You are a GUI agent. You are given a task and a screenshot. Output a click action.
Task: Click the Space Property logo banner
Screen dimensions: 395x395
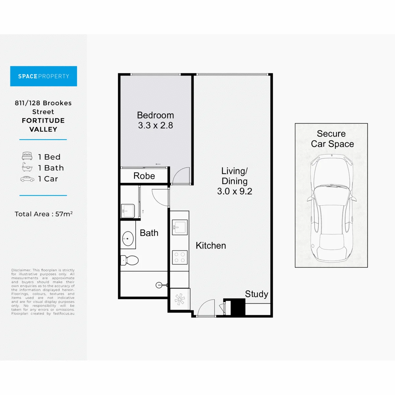point(43,76)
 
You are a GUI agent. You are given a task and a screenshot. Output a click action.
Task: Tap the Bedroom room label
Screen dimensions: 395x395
point(155,115)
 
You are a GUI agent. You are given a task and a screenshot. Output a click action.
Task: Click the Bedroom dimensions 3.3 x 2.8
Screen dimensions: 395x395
point(155,125)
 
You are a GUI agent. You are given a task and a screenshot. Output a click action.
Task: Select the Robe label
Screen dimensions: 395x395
point(144,176)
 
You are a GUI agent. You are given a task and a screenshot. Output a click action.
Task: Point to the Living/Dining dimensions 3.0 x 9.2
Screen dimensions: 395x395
point(234,191)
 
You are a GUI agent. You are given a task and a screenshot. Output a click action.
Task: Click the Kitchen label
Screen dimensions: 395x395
point(211,246)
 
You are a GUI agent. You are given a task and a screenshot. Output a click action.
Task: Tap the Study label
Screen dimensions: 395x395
point(256,294)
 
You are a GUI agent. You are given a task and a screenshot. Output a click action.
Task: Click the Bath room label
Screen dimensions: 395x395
point(149,233)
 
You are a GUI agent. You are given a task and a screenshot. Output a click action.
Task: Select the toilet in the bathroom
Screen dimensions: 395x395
point(129,260)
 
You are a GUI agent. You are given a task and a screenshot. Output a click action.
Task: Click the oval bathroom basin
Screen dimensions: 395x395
point(128,239)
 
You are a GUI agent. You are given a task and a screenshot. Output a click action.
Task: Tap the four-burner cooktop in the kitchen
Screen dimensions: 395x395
point(180,257)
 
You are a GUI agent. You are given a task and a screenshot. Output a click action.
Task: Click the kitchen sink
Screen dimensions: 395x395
point(180,227)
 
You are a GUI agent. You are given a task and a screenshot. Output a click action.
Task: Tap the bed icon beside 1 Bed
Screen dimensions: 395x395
point(27,156)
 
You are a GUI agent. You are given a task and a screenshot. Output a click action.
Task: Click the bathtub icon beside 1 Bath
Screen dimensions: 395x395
point(27,167)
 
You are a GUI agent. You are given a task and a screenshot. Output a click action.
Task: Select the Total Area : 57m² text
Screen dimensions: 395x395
point(43,214)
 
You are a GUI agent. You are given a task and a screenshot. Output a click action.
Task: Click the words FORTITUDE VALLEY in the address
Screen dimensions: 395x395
point(43,125)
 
